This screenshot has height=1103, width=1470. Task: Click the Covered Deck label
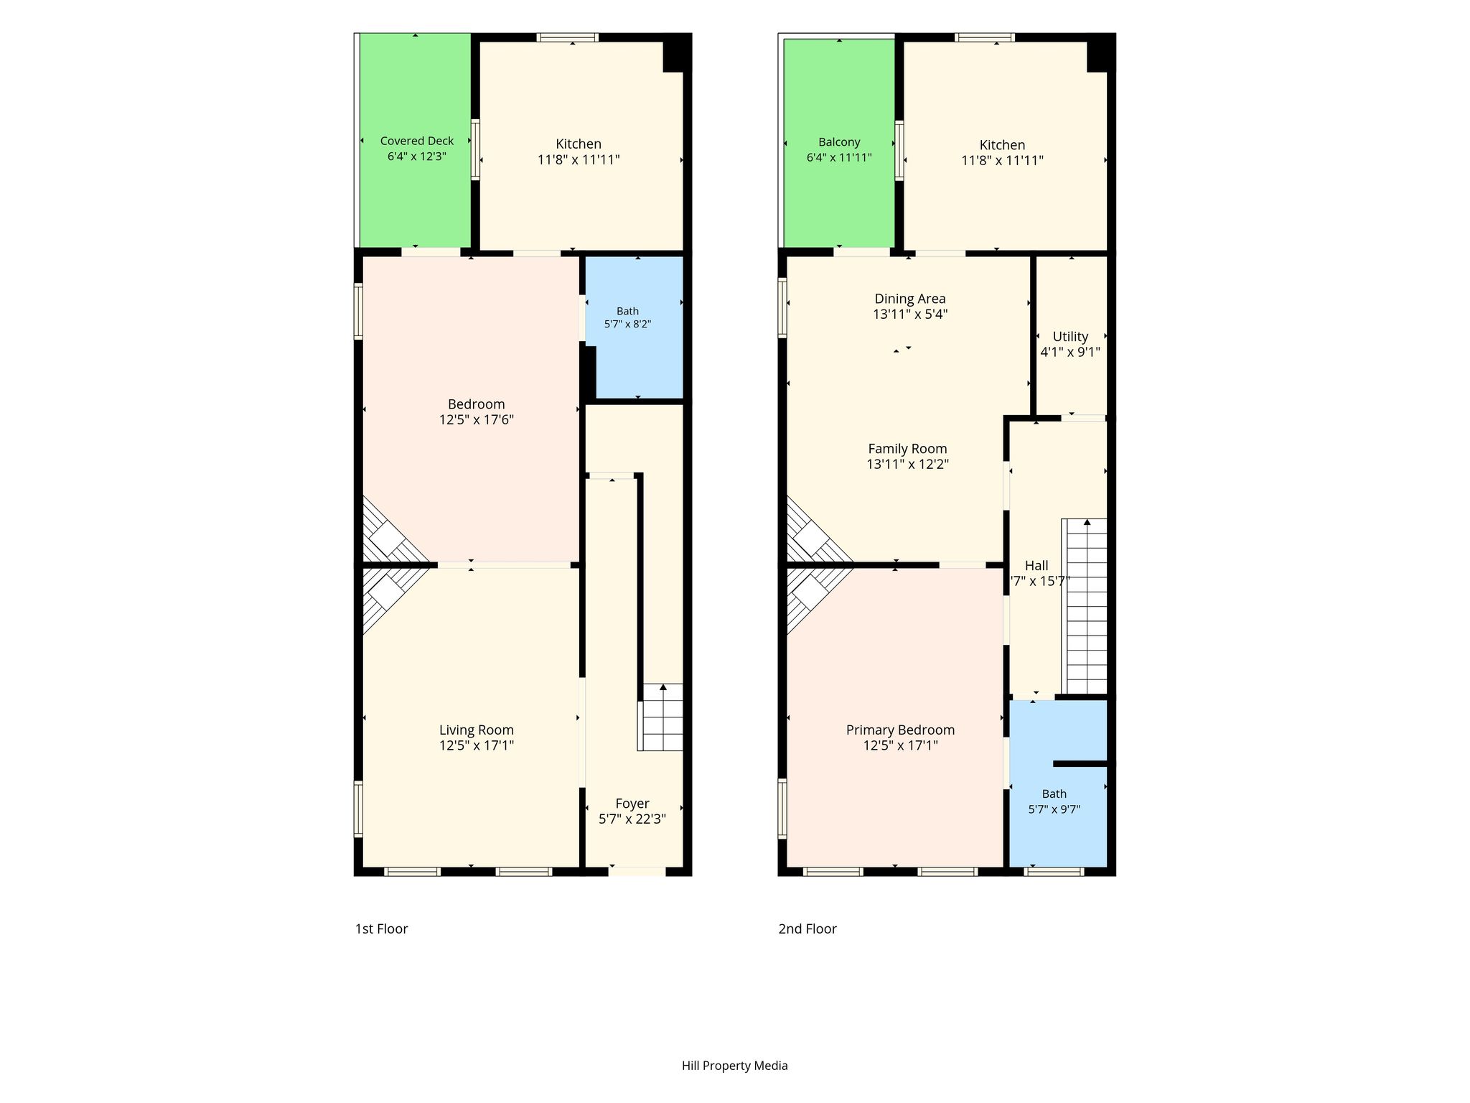point(416,141)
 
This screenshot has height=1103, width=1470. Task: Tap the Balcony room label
point(839,142)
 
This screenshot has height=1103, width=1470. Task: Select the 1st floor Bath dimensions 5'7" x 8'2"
point(627,324)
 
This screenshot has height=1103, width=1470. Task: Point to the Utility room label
point(1070,336)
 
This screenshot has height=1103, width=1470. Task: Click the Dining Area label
point(910,299)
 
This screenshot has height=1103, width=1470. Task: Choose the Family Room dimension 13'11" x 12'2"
point(907,464)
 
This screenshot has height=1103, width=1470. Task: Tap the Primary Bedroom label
point(900,730)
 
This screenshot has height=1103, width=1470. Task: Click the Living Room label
point(477,730)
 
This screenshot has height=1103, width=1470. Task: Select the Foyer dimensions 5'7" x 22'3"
point(632,819)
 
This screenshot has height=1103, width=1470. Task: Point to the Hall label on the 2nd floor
point(1036,566)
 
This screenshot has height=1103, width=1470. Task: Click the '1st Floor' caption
point(381,929)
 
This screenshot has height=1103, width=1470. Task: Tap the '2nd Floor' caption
point(807,929)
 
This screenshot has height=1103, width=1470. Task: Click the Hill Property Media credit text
point(735,1066)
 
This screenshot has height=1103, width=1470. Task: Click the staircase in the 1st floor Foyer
point(661,717)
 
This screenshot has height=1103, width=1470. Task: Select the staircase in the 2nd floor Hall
point(1085,607)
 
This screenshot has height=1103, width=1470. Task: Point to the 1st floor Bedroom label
point(477,404)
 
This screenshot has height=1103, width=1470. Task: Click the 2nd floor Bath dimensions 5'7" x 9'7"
point(1054,809)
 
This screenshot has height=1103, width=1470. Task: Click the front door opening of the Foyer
point(637,871)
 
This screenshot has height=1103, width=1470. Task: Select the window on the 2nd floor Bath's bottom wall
point(1054,872)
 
